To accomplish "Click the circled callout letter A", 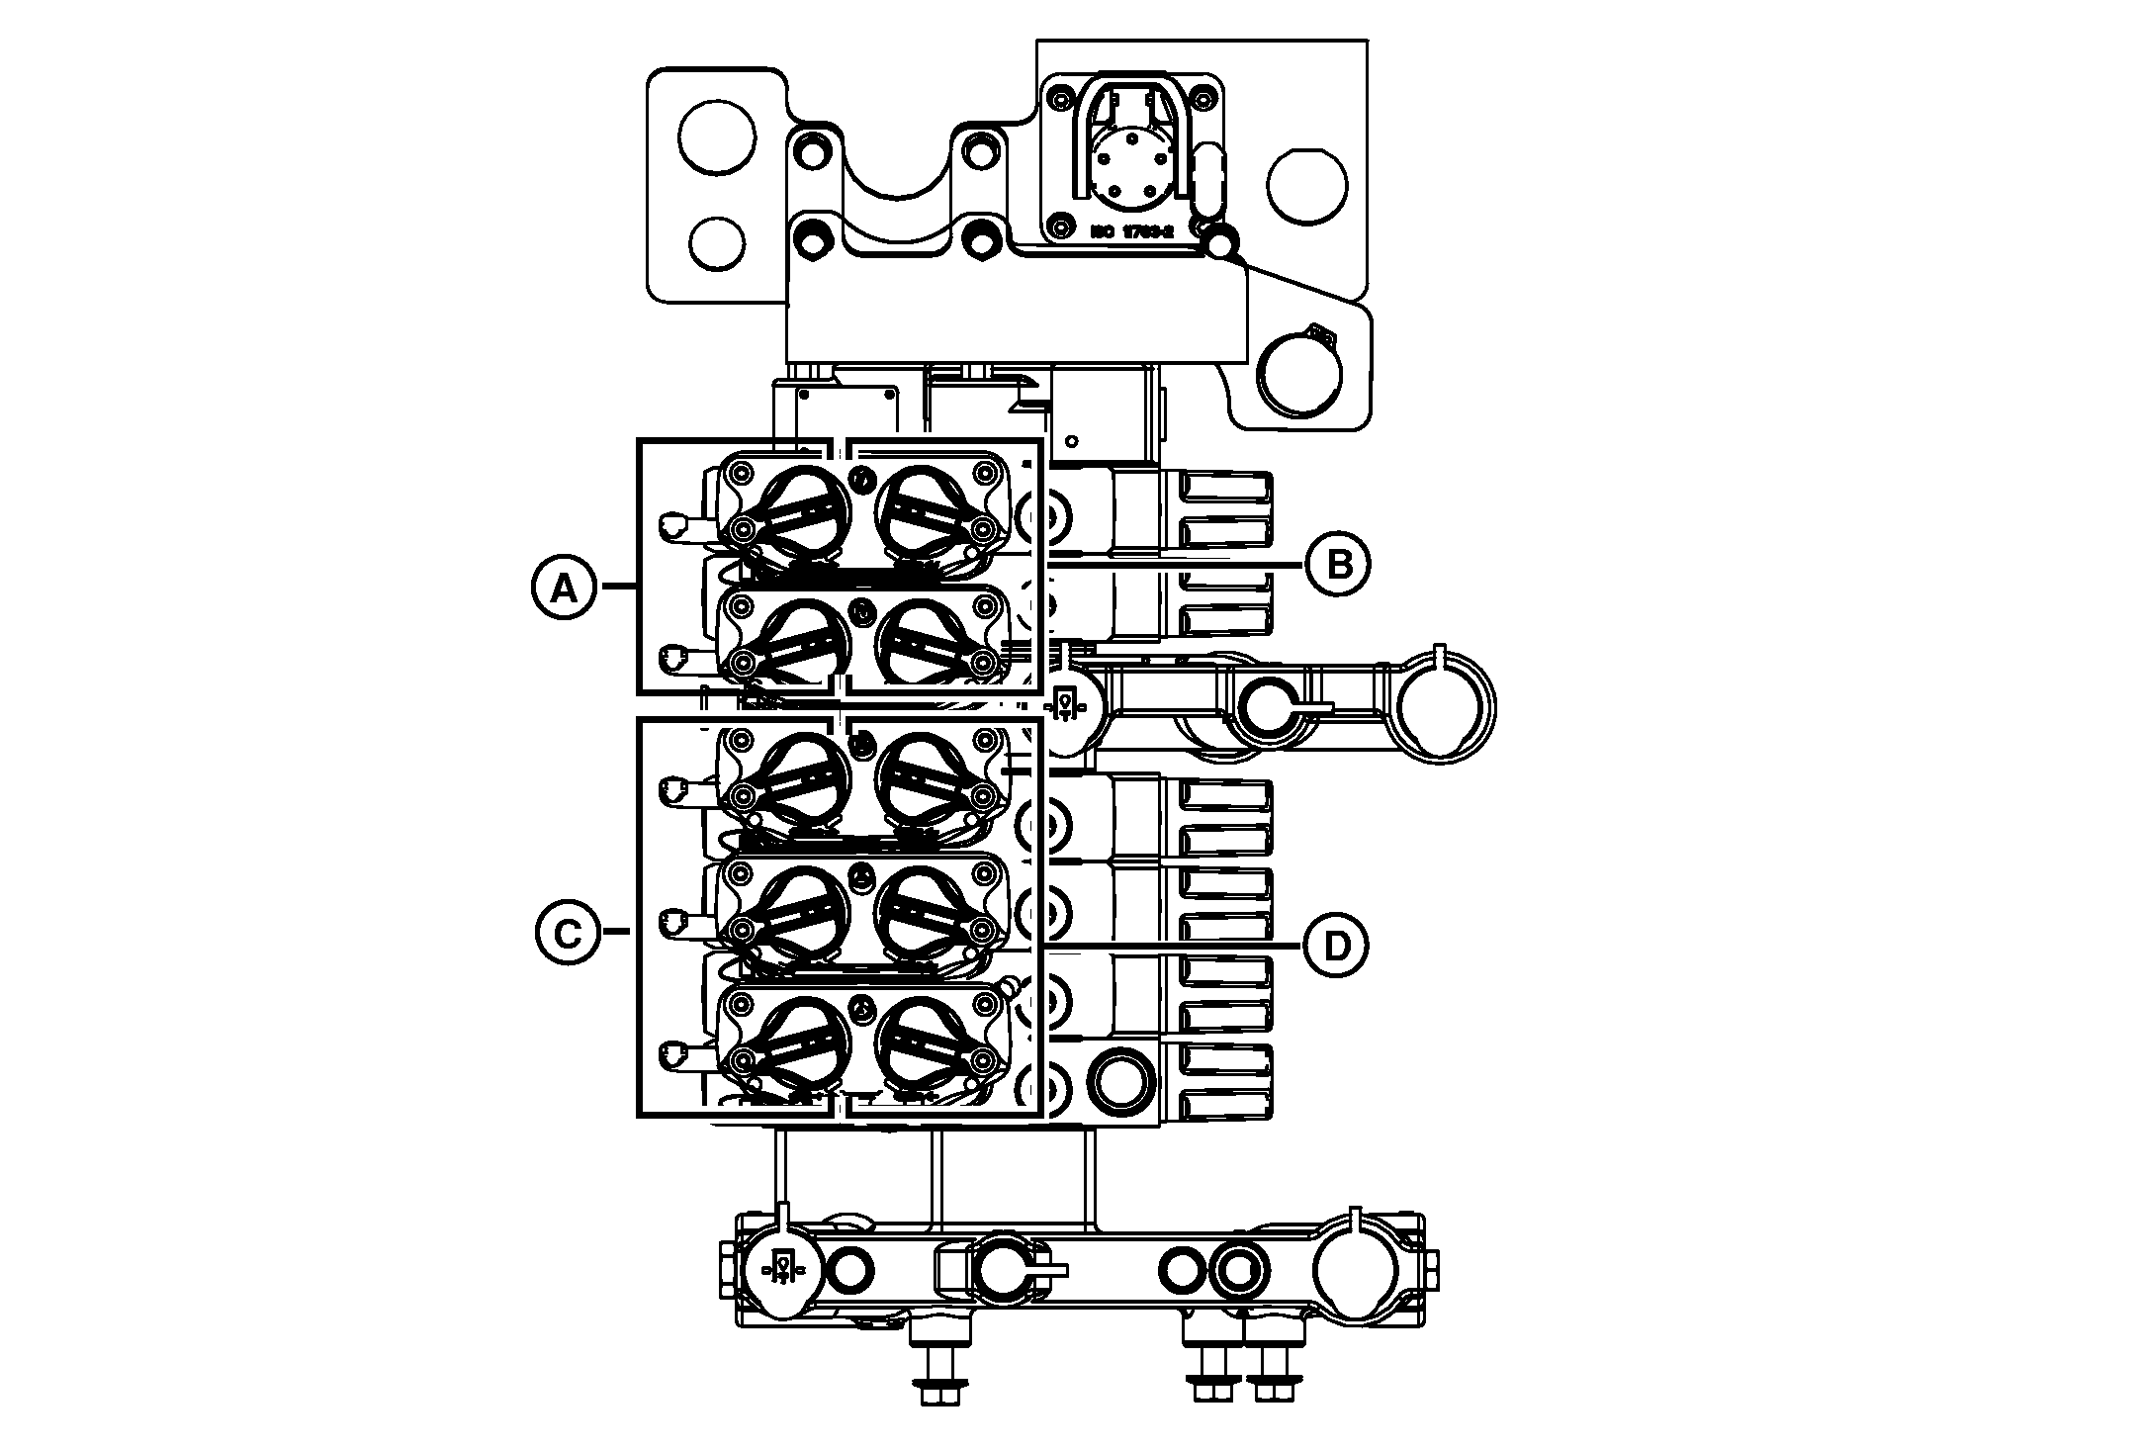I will tap(564, 589).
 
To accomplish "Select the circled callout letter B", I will tap(1337, 565).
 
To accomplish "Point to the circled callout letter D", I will tap(1336, 947).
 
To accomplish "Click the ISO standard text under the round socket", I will tap(1131, 231).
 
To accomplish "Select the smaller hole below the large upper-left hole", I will tap(717, 242).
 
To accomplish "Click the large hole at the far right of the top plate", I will tap(1307, 186).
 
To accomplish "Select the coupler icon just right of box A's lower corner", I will tap(1065, 704).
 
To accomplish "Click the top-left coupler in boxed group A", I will tap(797, 510).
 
